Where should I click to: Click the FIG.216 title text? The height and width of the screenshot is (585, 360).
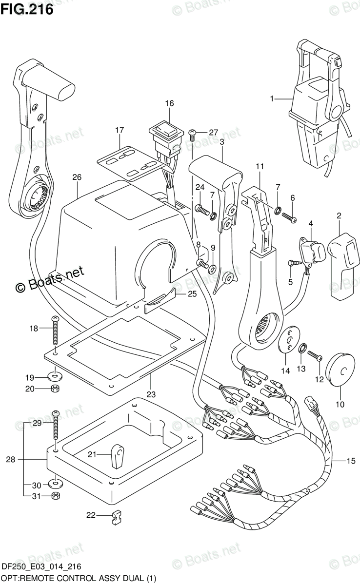pos(27,10)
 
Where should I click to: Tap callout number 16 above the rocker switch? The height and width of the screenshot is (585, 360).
pos(169,103)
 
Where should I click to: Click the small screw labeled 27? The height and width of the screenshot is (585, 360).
pos(192,136)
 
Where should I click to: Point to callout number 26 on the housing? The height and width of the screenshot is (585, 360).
pos(77,177)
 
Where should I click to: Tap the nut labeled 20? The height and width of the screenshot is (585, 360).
pos(55,389)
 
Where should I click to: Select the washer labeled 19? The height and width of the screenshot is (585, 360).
pos(55,376)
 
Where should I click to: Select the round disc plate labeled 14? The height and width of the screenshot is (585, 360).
pos(289,339)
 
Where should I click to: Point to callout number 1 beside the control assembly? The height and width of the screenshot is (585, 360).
pos(272,98)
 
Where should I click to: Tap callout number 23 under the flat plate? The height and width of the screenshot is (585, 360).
pos(151,394)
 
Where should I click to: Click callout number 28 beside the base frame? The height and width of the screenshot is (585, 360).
pos(11,459)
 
